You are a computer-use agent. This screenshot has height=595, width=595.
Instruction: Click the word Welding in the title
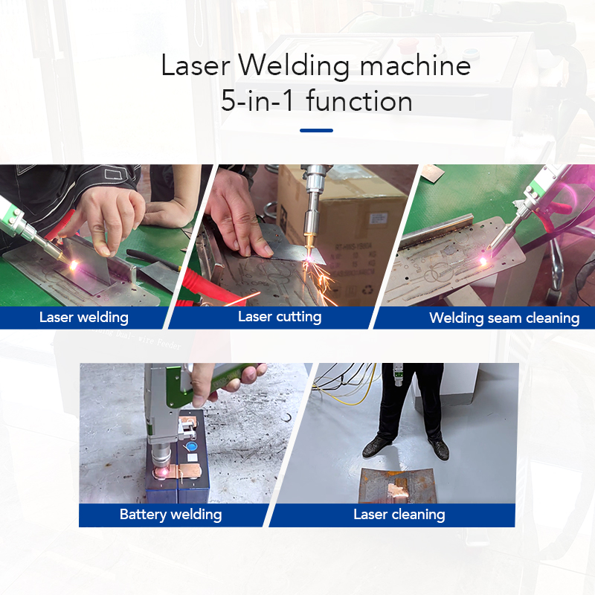click(x=296, y=67)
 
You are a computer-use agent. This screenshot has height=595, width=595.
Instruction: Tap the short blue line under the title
click(x=316, y=130)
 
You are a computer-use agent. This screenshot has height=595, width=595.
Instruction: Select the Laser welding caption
click(x=83, y=318)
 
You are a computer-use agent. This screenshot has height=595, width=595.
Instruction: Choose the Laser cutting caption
click(x=280, y=317)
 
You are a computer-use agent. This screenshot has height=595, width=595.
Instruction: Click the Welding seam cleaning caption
click(x=504, y=318)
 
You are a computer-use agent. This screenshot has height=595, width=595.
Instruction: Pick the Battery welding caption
click(x=170, y=515)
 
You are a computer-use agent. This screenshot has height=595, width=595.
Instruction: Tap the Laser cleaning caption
click(x=399, y=515)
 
